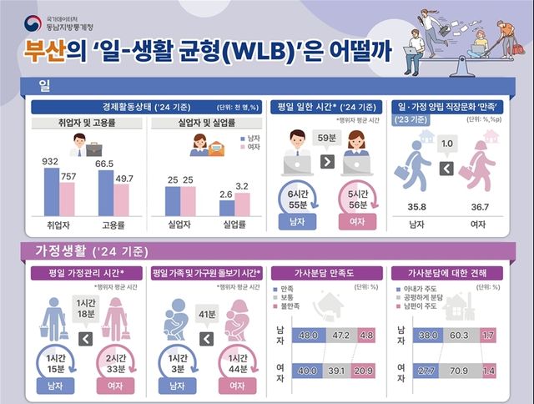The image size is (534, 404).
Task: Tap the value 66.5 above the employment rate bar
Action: tap(105, 164)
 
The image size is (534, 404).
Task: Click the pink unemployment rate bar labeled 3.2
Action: tap(242, 204)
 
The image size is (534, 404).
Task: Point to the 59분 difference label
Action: tap(327, 139)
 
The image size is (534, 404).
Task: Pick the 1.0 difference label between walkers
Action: tap(447, 144)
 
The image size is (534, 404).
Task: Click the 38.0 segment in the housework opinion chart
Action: tap(429, 335)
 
